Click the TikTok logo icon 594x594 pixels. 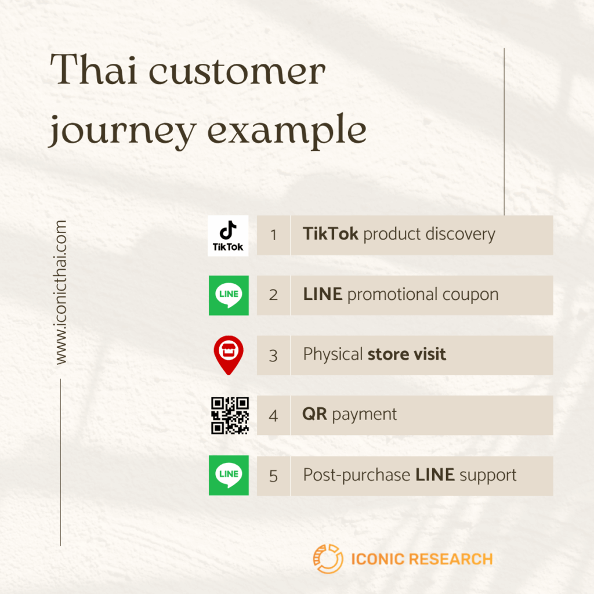[228, 236]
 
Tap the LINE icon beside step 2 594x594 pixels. [229, 295]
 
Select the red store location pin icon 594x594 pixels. [229, 356]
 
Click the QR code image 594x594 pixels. [230, 415]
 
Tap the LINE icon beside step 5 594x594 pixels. [229, 475]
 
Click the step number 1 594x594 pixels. [273, 236]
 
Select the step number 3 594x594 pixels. [273, 356]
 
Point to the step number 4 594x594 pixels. [273, 416]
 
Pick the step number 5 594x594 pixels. [273, 476]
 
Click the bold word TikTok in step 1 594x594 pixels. [330, 234]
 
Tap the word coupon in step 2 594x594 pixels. [470, 295]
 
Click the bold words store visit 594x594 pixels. [407, 354]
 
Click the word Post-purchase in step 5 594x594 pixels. [356, 476]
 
